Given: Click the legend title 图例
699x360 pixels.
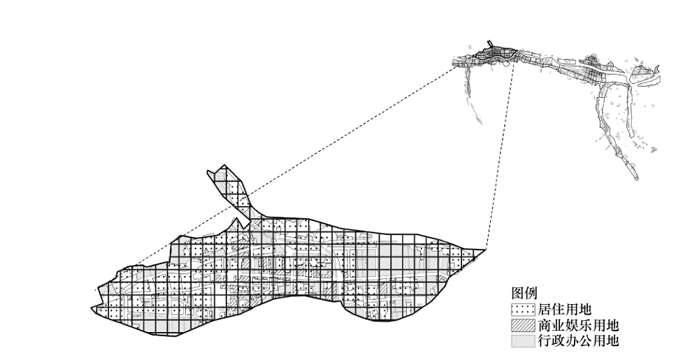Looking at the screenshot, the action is click(524, 293).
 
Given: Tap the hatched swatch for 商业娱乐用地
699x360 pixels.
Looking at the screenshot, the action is click(523, 325).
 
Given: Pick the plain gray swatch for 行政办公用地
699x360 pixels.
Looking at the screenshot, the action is click(523, 341).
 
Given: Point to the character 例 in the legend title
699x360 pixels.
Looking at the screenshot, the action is click(531, 293).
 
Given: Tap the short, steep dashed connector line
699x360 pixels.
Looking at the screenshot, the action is click(500, 155).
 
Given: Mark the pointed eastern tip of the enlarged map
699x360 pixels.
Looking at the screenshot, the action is click(484, 250).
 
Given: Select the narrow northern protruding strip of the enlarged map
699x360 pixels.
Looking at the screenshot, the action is click(229, 191).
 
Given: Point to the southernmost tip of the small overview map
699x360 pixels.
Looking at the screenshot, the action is click(637, 179).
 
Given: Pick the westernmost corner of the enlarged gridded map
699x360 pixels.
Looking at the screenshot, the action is click(92, 308).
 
